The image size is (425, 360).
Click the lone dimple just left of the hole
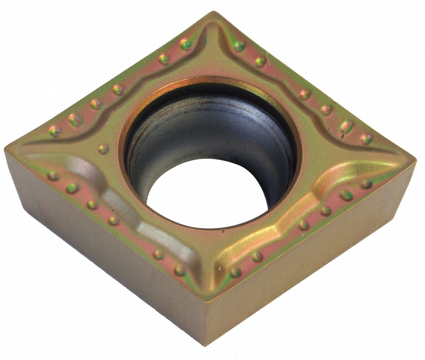click(103, 149)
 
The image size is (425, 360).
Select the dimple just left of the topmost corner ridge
click(185, 44)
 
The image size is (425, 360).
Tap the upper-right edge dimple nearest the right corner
click(366, 138)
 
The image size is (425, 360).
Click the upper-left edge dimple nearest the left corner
click(54, 131)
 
